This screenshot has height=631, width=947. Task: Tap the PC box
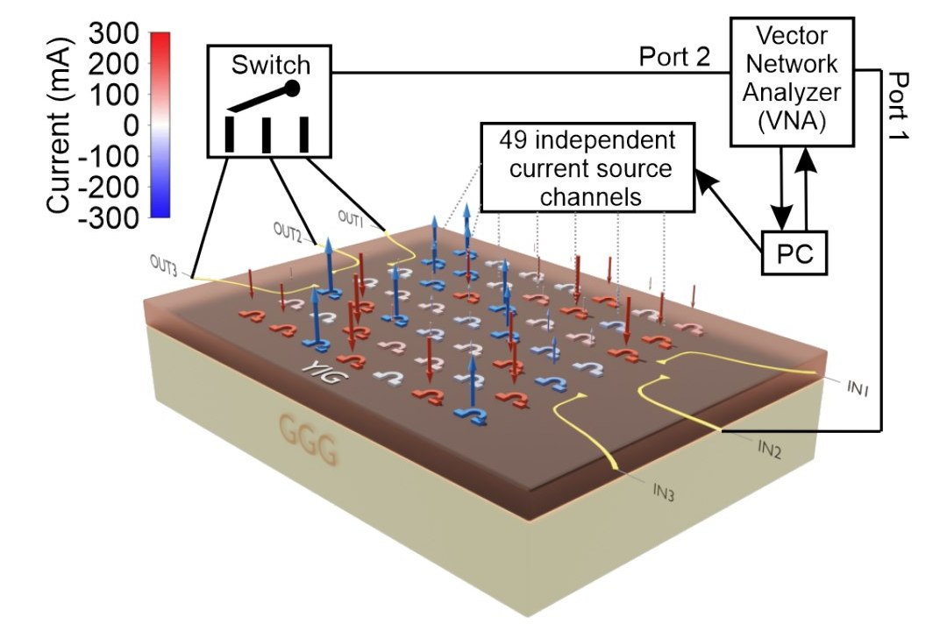797,253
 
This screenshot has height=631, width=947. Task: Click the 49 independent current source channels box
587,168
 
